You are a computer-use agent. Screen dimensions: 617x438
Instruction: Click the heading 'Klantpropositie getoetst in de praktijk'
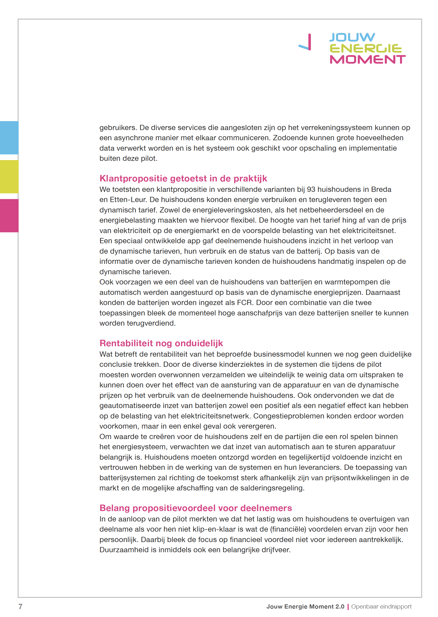pyautogui.click(x=183, y=178)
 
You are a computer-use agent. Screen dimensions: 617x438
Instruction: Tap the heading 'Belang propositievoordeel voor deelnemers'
pyautogui.click(x=196, y=508)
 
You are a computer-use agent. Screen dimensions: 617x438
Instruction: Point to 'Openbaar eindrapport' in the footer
pyautogui.click(x=381, y=607)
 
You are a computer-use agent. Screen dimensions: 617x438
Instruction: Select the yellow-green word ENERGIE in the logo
pyautogui.click(x=366, y=48)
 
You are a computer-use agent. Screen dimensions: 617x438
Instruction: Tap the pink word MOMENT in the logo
pyautogui.click(x=367, y=59)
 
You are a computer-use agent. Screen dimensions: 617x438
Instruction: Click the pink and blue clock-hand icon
pyautogui.click(x=306, y=43)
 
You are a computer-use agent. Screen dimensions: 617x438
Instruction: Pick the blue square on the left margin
pyautogui.click(x=9, y=137)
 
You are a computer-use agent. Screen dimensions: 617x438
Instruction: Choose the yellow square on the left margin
pyautogui.click(x=9, y=176)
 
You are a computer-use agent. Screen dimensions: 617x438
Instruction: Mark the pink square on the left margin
pyautogui.click(x=9, y=215)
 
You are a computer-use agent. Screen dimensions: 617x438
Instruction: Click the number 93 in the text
pyautogui.click(x=311, y=190)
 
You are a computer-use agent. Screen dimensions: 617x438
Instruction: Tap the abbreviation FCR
pyautogui.click(x=245, y=303)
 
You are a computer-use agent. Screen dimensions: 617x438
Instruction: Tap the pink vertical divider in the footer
pyautogui.click(x=348, y=607)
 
